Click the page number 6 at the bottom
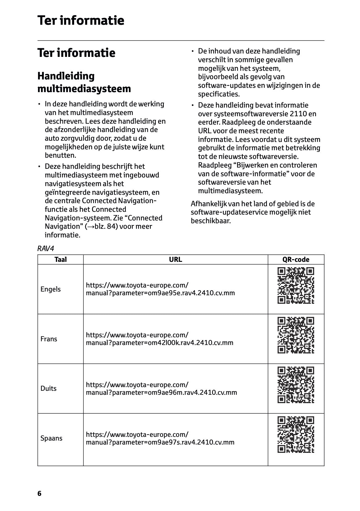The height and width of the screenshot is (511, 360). pyautogui.click(x=39, y=493)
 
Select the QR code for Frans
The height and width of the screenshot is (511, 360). pyautogui.click(x=296, y=335)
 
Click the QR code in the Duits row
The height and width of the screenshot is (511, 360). pyautogui.click(x=296, y=385)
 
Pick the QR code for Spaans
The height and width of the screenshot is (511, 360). pyautogui.click(x=296, y=435)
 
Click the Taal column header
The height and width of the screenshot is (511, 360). pyautogui.click(x=61, y=260)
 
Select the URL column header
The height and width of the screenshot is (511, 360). pyautogui.click(x=176, y=260)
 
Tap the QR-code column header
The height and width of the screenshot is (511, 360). pyautogui.click(x=296, y=260)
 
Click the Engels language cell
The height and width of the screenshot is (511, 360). pyautogui.click(x=51, y=289)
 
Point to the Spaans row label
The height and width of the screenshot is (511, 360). pyautogui.click(x=51, y=438)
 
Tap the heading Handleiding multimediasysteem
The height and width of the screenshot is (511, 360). pyautogui.click(x=84, y=82)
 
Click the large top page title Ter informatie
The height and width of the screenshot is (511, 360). pyautogui.click(x=81, y=20)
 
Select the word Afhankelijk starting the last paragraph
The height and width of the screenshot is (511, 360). pyautogui.click(x=208, y=204)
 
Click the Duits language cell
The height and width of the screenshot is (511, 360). pyautogui.click(x=49, y=389)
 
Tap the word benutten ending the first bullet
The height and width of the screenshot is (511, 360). pyautogui.click(x=60, y=155)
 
